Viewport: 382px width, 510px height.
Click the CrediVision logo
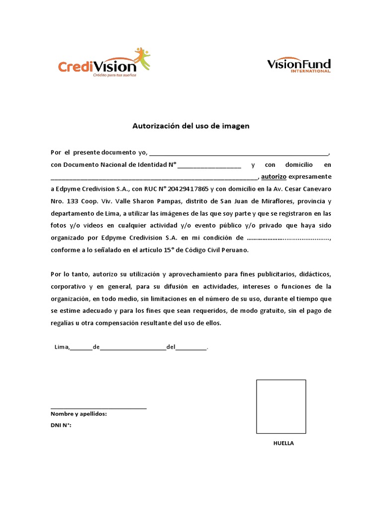103,63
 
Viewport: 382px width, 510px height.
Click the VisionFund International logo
298,65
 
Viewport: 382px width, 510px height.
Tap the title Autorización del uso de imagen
191,127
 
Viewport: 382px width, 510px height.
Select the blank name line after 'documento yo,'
239,153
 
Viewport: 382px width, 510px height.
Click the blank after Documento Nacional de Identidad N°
209,165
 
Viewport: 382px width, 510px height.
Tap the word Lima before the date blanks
61,347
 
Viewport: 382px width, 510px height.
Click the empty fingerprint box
281,407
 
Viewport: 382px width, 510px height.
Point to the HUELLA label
284,443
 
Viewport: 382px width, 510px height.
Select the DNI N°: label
61,425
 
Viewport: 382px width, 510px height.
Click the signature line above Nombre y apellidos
98,408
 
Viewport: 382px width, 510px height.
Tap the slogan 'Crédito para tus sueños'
115,76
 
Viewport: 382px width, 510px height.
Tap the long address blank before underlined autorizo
154,177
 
